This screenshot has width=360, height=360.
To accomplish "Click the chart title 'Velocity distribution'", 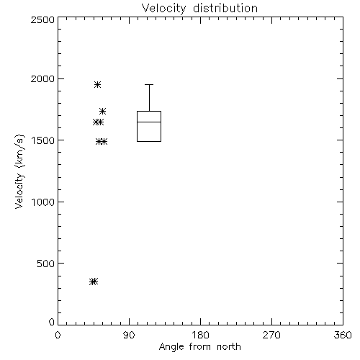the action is (x=199, y=8).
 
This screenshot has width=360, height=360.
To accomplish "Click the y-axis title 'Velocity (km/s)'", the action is (x=19, y=171).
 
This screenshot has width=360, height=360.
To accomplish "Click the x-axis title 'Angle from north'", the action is (x=199, y=347).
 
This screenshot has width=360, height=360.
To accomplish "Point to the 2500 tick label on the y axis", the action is (x=42, y=19).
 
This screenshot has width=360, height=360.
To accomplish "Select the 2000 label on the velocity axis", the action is (x=42, y=78).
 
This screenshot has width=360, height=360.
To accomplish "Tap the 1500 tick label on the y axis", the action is (x=43, y=140).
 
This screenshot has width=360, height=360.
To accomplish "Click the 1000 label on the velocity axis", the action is (x=43, y=202).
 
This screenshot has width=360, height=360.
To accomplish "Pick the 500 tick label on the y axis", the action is (x=45, y=264).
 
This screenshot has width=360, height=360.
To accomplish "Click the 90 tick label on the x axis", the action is (x=129, y=335).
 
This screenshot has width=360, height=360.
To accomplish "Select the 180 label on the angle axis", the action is (x=200, y=335).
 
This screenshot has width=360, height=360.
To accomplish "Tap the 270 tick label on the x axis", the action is (x=271, y=335).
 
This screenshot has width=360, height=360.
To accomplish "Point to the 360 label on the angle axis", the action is (x=343, y=335).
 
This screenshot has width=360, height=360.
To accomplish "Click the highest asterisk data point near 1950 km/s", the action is (x=97, y=84).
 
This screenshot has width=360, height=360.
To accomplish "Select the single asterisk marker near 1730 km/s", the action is (x=103, y=111).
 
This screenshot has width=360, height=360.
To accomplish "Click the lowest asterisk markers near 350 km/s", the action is (x=94, y=282).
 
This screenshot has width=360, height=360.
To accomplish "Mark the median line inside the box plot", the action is (x=149, y=122).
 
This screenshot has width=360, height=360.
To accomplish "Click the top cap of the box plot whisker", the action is (x=149, y=84).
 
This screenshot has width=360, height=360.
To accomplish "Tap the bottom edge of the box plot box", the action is (x=149, y=141).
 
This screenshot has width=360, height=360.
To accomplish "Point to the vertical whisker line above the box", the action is (x=149, y=98).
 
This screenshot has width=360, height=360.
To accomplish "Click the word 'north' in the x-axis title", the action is (x=229, y=347).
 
